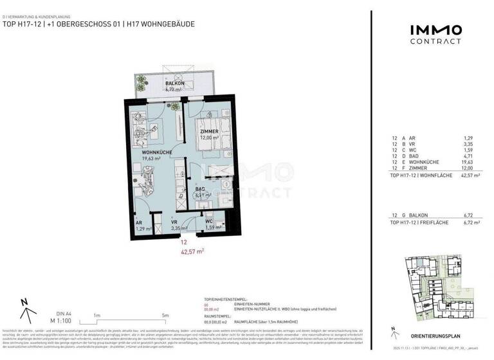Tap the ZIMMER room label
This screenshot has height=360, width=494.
click(x=209, y=131)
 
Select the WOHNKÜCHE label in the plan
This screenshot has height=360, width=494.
click(x=157, y=152)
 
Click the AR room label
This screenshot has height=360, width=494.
click(x=139, y=223)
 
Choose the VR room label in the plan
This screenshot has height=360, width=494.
click(x=174, y=223)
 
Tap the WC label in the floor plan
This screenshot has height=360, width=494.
click(x=210, y=222)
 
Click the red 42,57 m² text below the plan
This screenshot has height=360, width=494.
click(x=192, y=251)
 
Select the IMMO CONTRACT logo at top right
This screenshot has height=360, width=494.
click(x=435, y=34)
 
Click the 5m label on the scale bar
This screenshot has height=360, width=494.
click(x=166, y=315)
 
